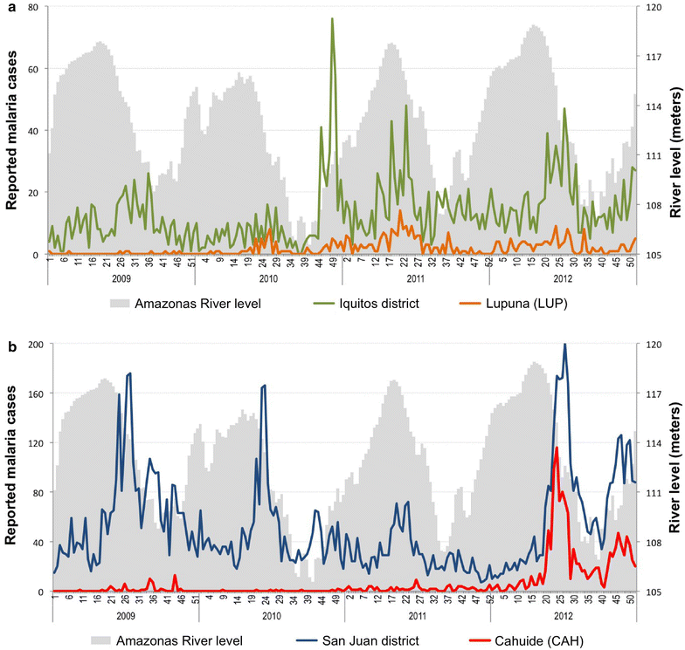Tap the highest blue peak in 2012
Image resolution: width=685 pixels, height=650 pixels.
click(565, 345)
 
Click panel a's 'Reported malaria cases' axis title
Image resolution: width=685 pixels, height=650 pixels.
click(12, 131)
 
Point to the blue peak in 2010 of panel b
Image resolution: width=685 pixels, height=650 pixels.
click(264, 385)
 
